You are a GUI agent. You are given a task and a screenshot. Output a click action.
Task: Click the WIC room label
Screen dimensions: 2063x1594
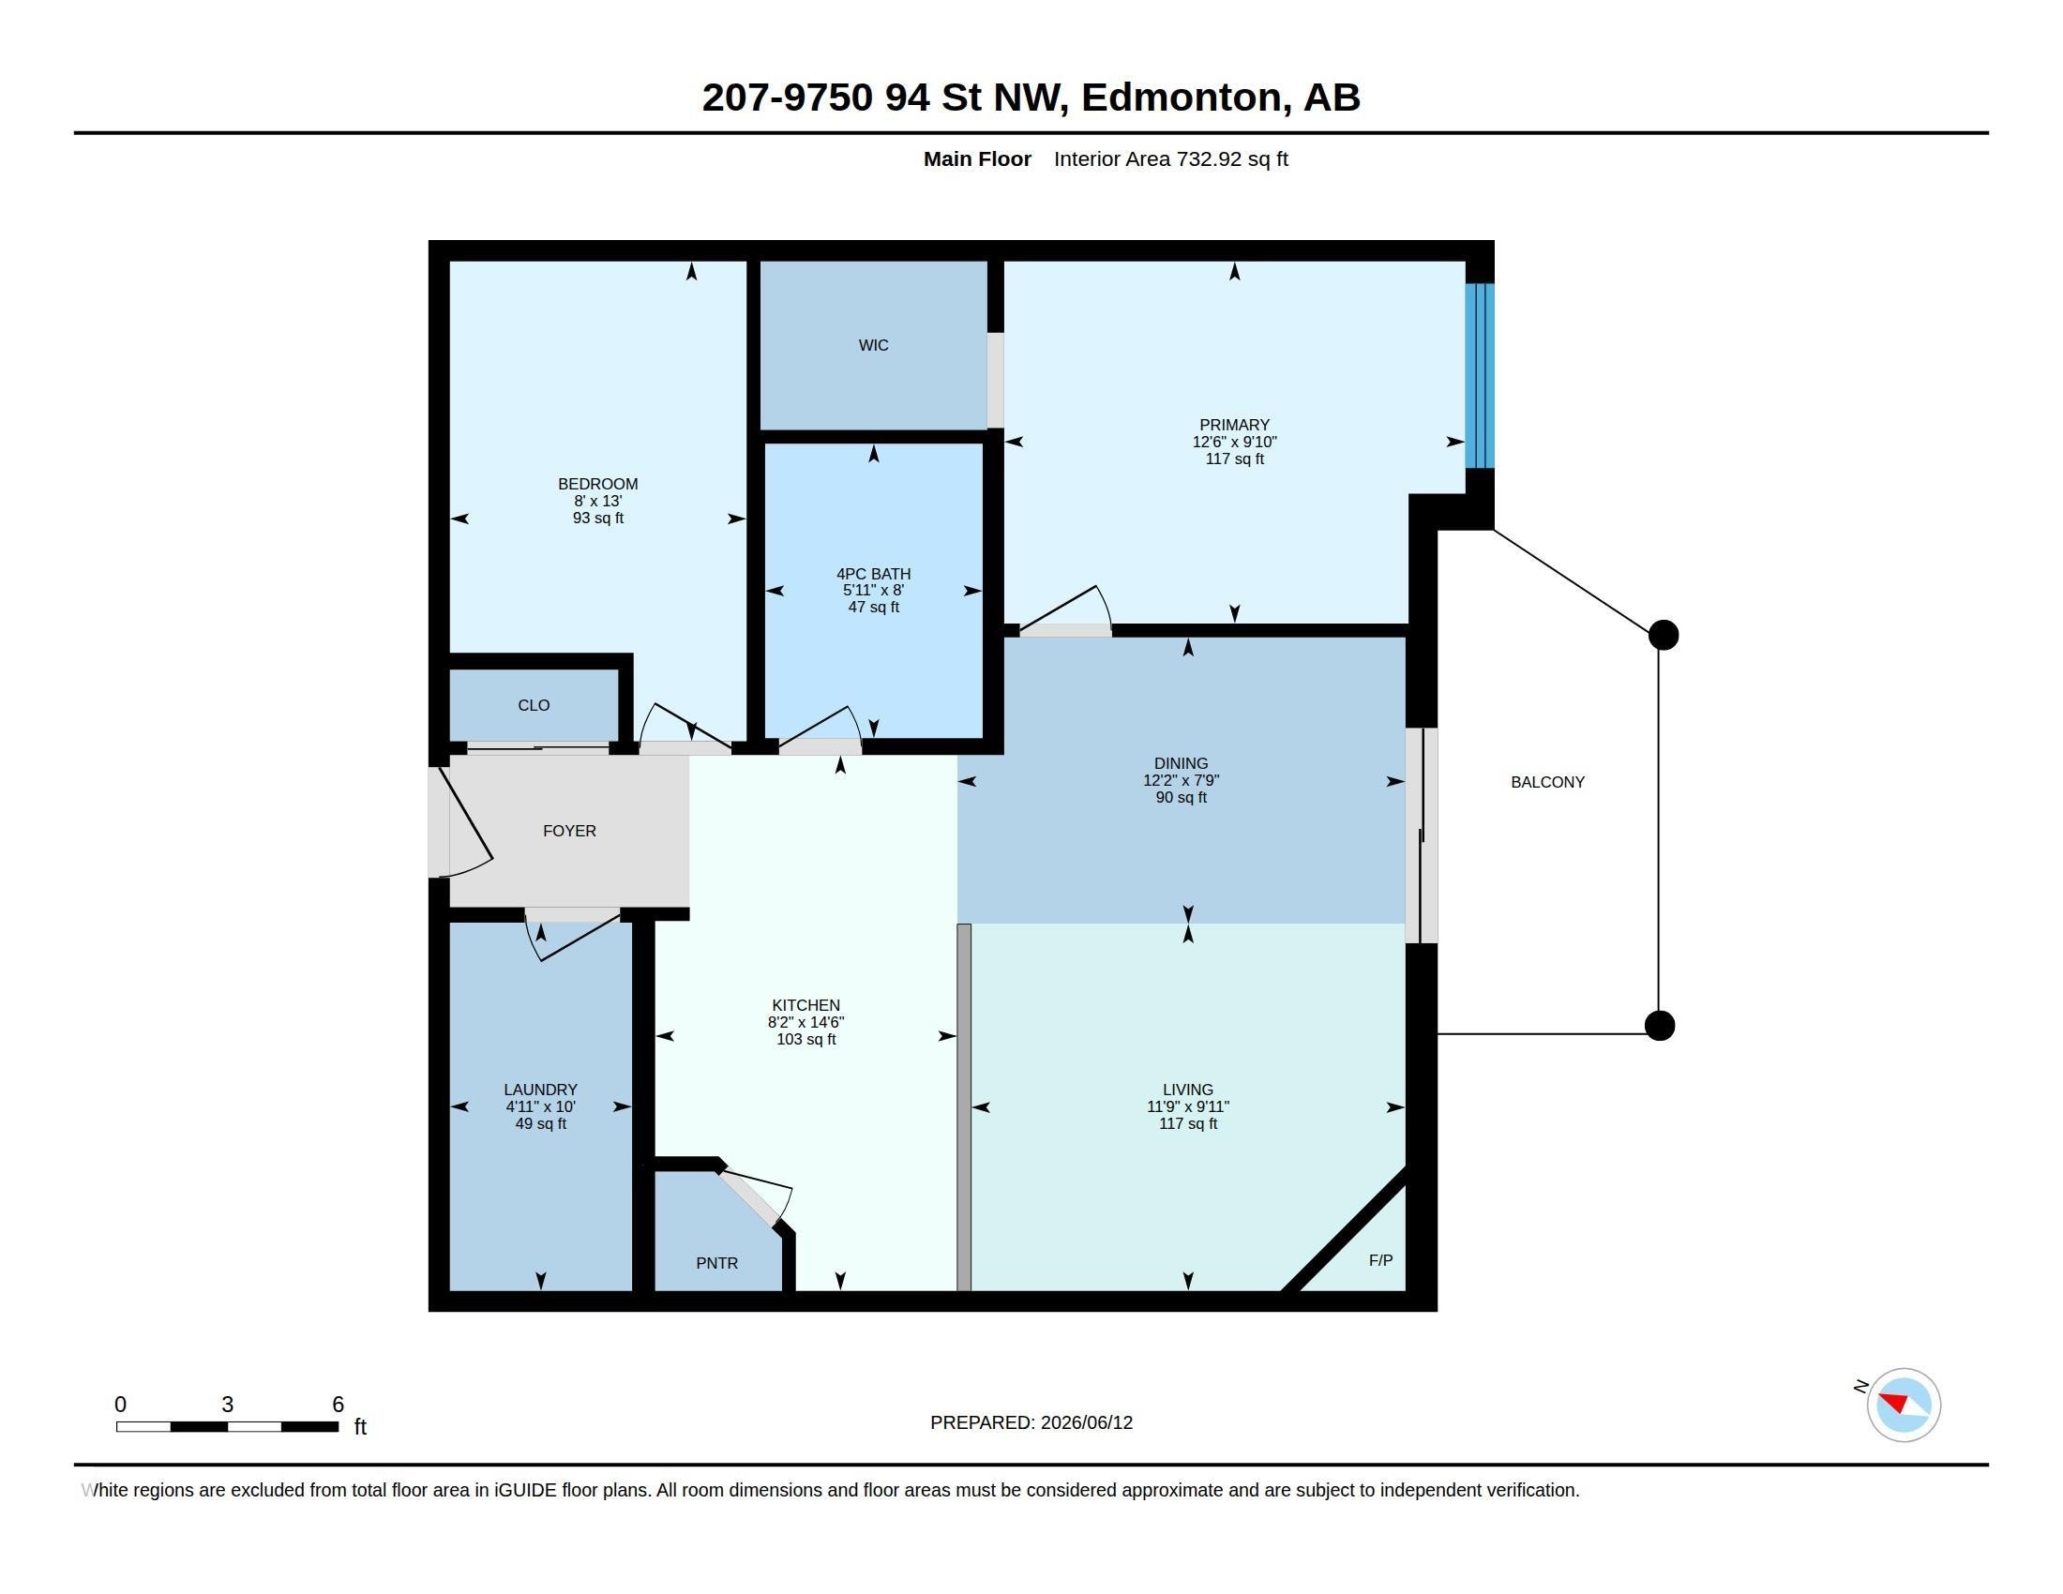point(873,346)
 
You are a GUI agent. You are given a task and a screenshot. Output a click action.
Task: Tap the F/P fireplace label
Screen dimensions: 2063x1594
point(1380,1259)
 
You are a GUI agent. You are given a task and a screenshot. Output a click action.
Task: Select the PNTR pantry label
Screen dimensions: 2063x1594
point(717,1264)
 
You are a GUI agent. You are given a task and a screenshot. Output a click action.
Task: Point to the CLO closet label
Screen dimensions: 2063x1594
point(534,705)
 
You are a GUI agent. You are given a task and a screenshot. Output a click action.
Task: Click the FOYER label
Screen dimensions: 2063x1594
point(569,831)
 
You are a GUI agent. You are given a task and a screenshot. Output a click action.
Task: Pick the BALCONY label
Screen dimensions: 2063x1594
point(1547,782)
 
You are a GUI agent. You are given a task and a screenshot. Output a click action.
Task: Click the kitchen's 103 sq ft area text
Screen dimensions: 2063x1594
point(806,1040)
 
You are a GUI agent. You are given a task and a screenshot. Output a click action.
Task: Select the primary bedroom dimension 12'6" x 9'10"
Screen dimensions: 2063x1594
point(1234,442)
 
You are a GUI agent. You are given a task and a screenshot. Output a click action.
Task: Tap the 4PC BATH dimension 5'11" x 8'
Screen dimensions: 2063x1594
point(873,590)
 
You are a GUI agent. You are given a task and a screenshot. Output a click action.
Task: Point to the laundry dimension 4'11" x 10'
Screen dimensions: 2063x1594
point(540,1106)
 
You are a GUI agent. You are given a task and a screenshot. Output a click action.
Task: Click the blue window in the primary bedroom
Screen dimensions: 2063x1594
point(1479,376)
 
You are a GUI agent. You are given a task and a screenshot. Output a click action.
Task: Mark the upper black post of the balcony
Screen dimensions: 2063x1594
point(1664,635)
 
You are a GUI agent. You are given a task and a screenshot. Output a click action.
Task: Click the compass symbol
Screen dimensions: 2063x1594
point(1904,1405)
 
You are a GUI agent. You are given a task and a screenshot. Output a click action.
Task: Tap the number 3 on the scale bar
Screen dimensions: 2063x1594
point(228,1405)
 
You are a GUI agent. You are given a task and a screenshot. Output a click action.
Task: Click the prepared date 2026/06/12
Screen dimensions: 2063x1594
point(1086,1422)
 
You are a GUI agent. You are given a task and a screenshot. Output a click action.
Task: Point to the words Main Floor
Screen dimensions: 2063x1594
point(977,158)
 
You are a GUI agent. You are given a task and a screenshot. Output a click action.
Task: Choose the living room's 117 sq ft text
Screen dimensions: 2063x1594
point(1187,1123)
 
